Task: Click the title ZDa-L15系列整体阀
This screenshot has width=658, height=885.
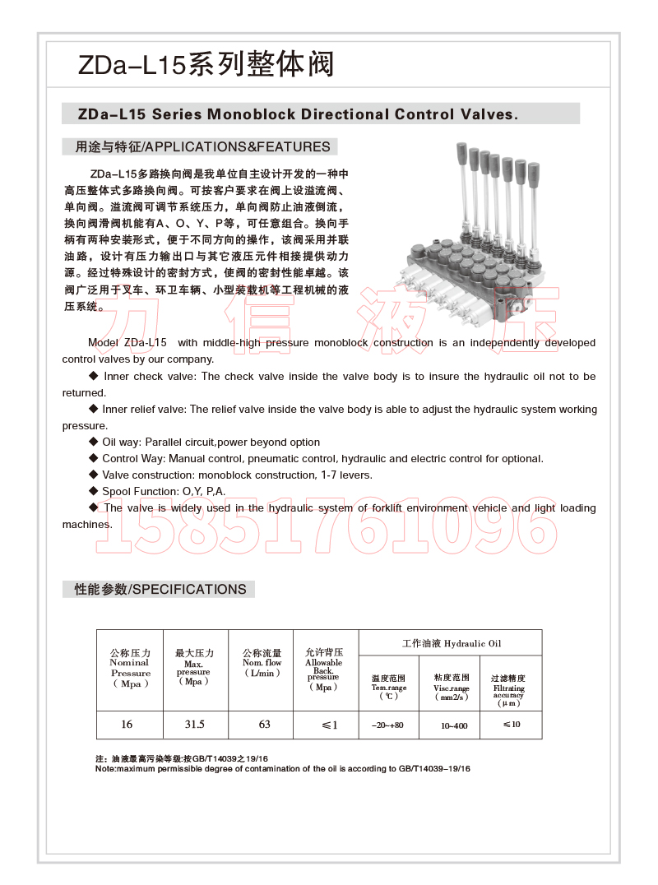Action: [x=206, y=64]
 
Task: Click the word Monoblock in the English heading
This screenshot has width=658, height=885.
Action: [x=250, y=114]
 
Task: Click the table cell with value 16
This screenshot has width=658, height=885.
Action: [x=127, y=725]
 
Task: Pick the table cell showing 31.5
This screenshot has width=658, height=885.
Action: [x=195, y=725]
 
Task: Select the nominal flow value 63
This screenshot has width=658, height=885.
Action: [x=263, y=725]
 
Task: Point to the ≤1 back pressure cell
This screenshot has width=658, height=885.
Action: [x=329, y=725]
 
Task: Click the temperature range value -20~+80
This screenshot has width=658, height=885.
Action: [x=387, y=725]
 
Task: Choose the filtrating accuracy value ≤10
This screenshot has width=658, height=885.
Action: [x=511, y=725]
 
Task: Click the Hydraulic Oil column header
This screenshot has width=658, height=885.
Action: [x=451, y=643]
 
